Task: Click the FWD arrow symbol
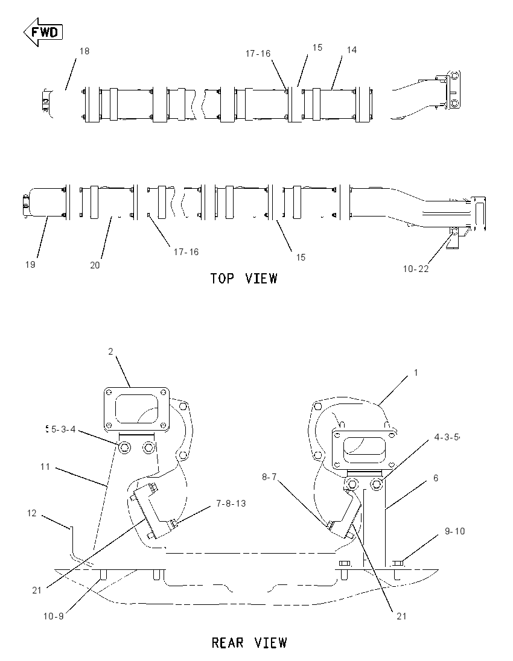coord(43,32)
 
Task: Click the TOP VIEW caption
coord(244,279)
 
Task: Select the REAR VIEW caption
coord(249,643)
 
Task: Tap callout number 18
coord(84,51)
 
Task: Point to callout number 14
coord(351,49)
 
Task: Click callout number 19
coord(30,265)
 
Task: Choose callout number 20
coord(95,265)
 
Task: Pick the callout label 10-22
coord(416,269)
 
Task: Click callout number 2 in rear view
coord(110,352)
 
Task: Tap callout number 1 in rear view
coord(416,373)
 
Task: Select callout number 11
coord(45,467)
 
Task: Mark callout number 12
coord(31,513)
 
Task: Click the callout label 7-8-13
coord(231,504)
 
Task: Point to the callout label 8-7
coord(269,477)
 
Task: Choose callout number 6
coord(436,478)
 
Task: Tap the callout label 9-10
coord(454,531)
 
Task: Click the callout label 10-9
coord(53,616)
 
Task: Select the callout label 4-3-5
coord(447,437)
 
